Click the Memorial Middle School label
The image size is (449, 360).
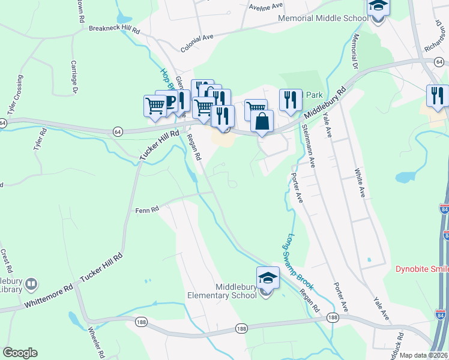323,18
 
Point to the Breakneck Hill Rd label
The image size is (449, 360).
114,28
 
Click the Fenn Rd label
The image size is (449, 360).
146,210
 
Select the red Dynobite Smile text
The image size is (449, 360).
422,269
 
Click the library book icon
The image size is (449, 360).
32,283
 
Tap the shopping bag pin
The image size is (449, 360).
262,122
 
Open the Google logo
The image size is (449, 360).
20,353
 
